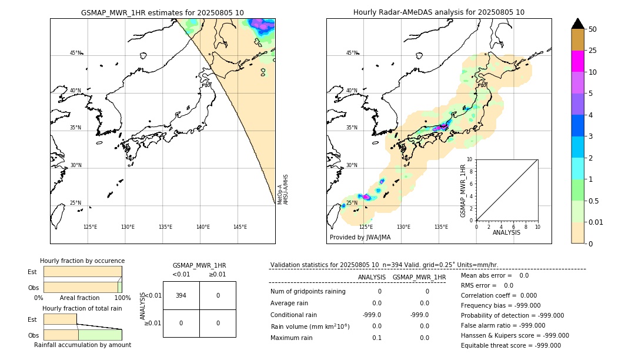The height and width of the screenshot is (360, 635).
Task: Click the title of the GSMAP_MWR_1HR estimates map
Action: tap(162, 12)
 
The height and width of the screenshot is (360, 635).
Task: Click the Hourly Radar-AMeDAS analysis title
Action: tap(439, 12)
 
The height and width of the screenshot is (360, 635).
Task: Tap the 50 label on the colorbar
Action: tap(593, 29)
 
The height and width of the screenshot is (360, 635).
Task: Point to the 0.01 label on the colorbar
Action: tap(596, 222)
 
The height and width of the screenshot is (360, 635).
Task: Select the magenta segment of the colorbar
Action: tap(577, 61)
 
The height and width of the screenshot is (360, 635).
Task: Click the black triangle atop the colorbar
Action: tap(577, 24)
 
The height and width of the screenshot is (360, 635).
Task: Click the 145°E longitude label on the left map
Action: tap(240, 227)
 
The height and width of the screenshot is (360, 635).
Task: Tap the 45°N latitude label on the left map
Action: tap(75, 53)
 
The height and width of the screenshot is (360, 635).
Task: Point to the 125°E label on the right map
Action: tap(366, 227)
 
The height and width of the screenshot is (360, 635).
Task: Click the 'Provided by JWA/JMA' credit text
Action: tap(360, 238)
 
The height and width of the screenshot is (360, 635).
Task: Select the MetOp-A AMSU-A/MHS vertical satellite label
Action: tap(283, 189)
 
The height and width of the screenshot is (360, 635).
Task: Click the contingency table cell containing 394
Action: tap(181, 295)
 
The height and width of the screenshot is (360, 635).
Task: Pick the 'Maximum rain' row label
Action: tap(292, 338)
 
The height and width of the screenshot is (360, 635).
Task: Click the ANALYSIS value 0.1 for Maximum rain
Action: tap(376, 338)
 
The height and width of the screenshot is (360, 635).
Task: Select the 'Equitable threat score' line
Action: tap(510, 345)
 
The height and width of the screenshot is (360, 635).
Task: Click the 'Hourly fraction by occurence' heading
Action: tap(82, 261)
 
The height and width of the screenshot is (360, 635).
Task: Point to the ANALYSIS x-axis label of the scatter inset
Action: tap(506, 233)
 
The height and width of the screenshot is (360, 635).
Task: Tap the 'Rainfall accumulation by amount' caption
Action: tap(82, 345)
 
